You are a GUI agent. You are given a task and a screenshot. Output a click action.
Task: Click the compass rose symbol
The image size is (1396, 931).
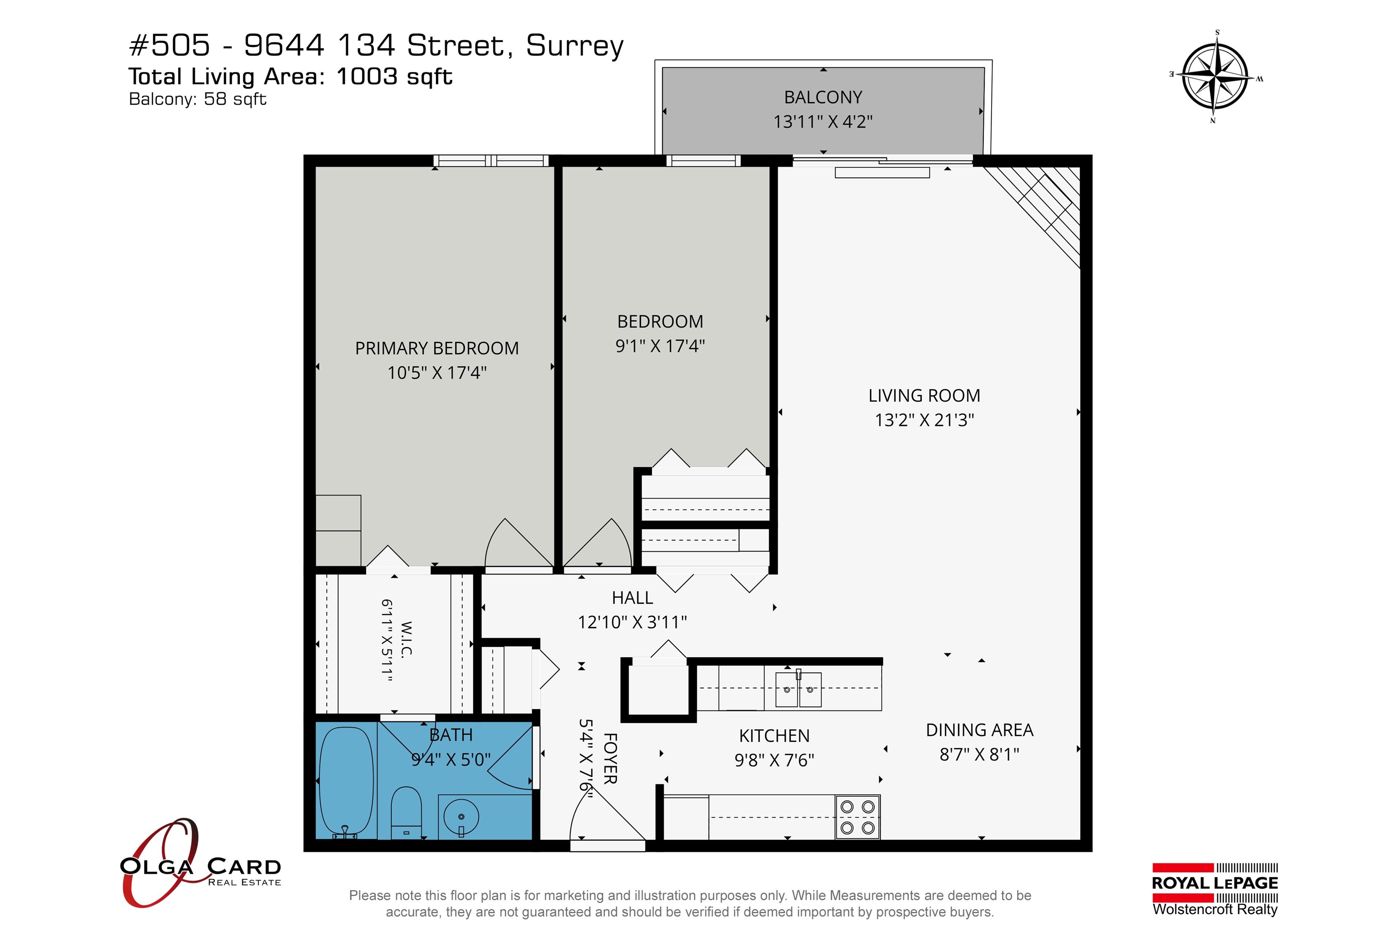1216,77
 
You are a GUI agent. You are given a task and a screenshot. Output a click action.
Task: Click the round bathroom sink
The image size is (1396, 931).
461,818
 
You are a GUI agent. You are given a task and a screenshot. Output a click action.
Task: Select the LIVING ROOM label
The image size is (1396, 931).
924,395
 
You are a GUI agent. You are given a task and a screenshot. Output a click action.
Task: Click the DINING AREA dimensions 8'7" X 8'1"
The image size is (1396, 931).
979,754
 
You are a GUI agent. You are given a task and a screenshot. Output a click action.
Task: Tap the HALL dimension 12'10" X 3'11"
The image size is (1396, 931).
632,622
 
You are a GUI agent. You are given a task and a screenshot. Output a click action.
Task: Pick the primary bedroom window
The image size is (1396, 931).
491,160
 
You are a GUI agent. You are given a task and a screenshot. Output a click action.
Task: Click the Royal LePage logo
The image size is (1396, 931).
1215,889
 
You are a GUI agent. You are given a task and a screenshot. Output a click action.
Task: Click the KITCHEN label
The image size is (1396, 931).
774,736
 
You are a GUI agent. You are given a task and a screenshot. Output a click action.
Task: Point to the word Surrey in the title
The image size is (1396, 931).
574,46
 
